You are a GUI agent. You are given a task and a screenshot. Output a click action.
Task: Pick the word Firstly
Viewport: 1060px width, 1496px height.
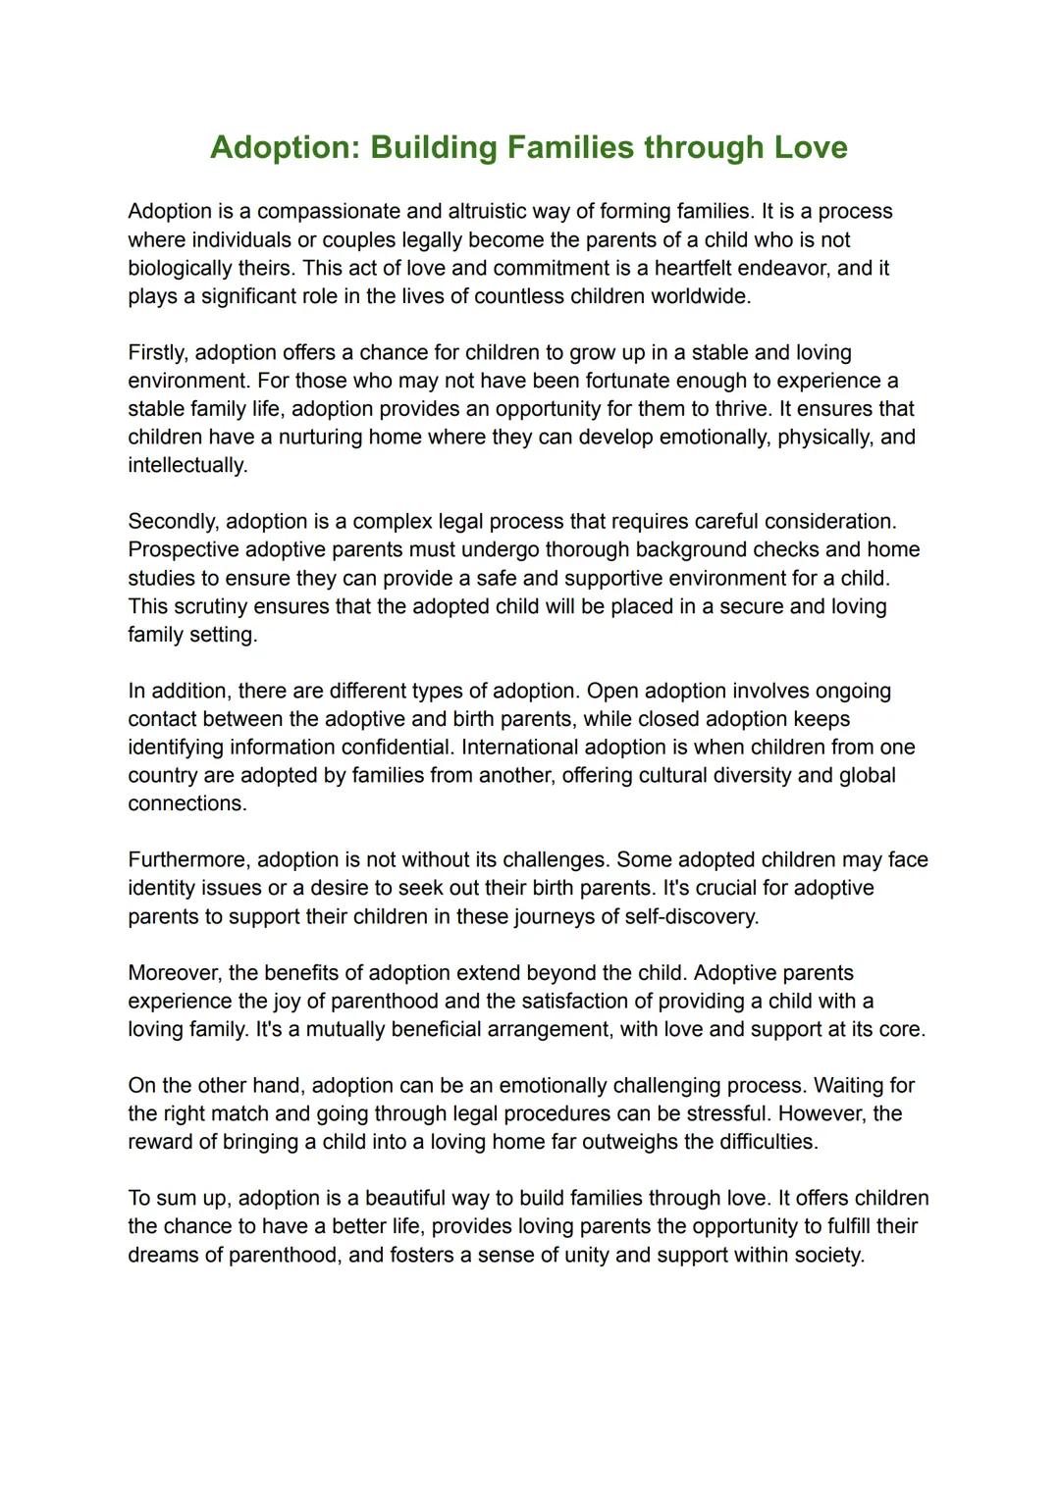click(158, 352)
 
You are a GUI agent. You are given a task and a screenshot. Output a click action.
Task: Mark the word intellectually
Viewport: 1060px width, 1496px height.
click(186, 465)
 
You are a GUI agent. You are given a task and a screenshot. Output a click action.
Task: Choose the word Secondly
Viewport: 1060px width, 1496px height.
click(173, 521)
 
